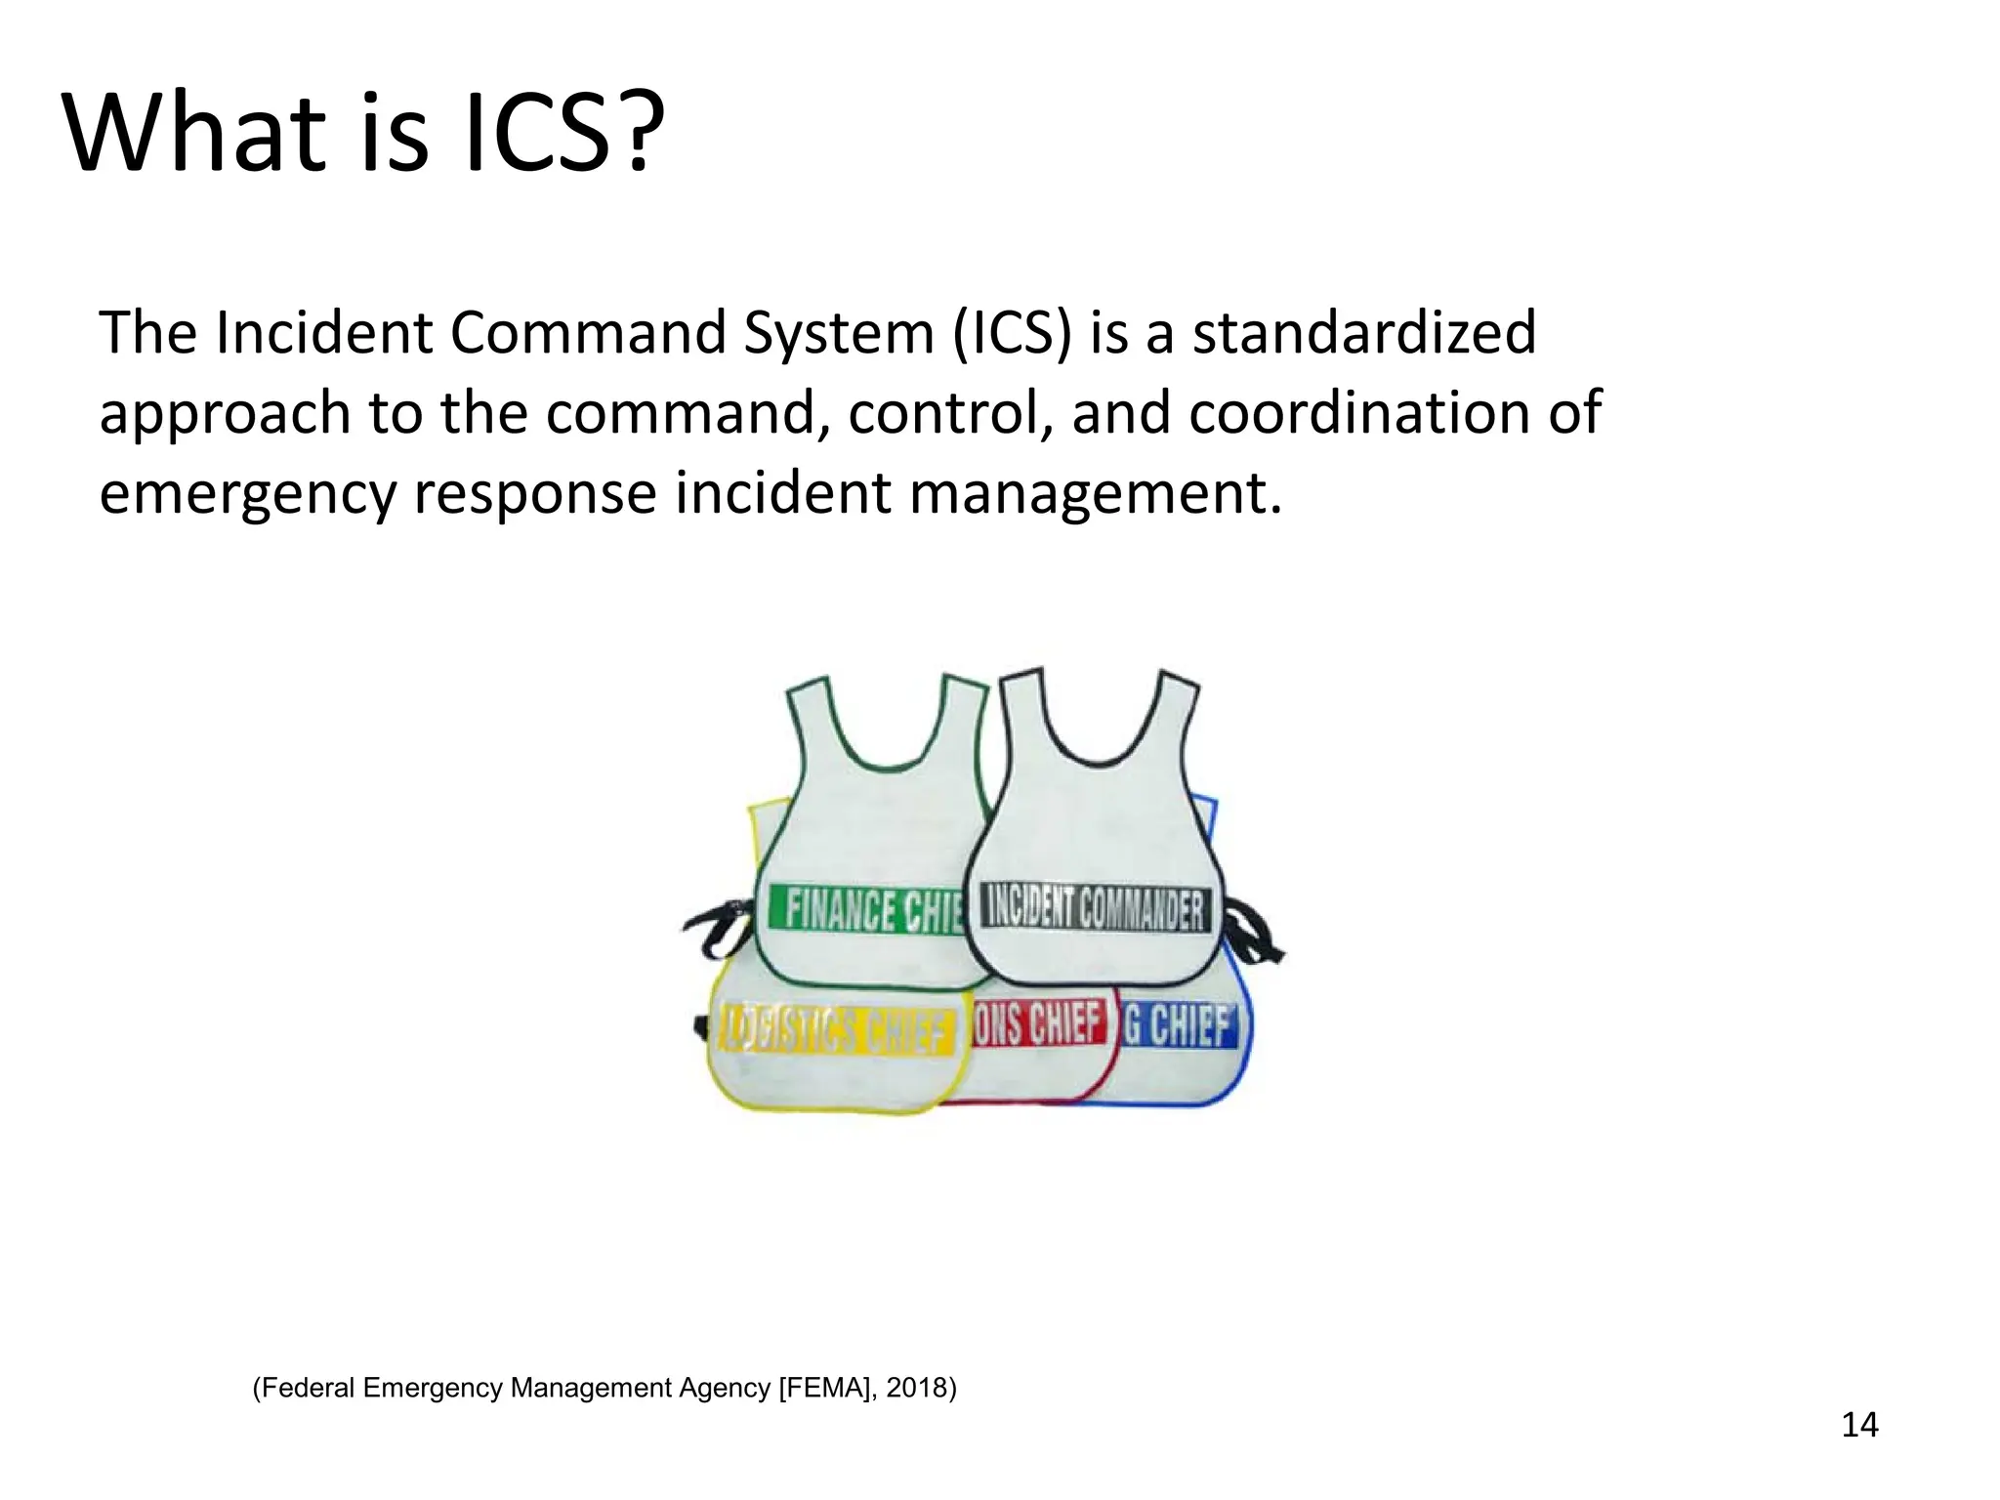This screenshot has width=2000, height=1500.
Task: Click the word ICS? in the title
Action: click(x=557, y=134)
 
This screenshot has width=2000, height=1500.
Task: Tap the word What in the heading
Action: click(x=191, y=134)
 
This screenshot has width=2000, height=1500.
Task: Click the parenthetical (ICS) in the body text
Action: click(x=1012, y=334)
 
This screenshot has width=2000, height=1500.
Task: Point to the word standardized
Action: click(x=1364, y=334)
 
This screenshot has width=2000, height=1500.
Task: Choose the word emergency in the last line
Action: click(x=247, y=494)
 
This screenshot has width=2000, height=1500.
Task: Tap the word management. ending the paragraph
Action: click(x=1095, y=494)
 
